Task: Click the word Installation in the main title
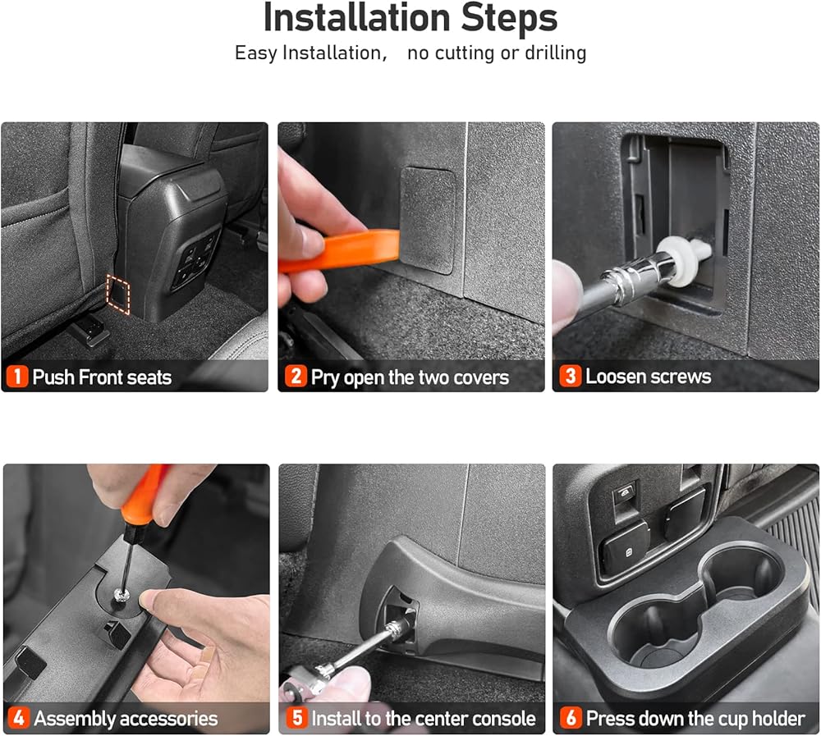tap(356, 18)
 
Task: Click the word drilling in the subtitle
tap(555, 53)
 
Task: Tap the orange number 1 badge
tap(17, 377)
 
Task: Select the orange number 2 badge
tap(296, 376)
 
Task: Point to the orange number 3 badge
tap(571, 376)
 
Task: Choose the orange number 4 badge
tap(18, 718)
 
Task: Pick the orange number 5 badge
tap(296, 718)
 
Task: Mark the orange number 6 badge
tap(571, 718)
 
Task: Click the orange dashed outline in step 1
tap(117, 295)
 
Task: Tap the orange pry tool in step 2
tap(341, 252)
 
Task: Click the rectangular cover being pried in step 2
tap(428, 221)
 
